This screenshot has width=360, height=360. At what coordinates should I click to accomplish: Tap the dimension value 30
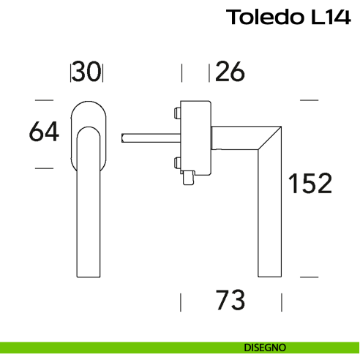click(x=86, y=72)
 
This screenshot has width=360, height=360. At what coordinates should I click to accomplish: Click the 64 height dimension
click(x=44, y=132)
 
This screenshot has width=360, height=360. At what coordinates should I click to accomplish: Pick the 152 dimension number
click(x=310, y=184)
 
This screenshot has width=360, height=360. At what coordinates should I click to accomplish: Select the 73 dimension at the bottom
click(x=230, y=299)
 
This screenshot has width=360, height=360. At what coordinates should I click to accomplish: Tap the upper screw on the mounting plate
click(x=178, y=113)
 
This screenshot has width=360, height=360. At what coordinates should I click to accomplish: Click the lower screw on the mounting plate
click(x=178, y=162)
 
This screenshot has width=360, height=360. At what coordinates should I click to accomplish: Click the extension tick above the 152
click(x=310, y=100)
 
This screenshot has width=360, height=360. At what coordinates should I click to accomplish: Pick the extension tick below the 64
click(x=44, y=168)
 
